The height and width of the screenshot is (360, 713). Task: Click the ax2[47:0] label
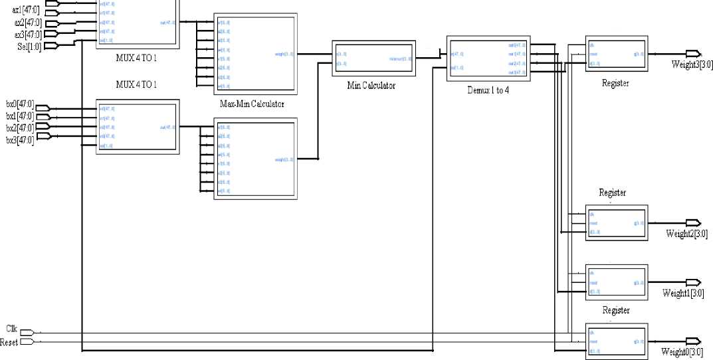pyautogui.click(x=27, y=24)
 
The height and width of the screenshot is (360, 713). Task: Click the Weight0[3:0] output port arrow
pyautogui.click(x=692, y=341)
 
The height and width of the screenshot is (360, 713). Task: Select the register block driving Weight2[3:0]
pyautogui.click(x=615, y=223)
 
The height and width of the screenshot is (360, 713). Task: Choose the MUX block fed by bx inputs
pyautogui.click(x=138, y=127)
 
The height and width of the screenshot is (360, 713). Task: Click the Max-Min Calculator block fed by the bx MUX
pyautogui.click(x=254, y=157)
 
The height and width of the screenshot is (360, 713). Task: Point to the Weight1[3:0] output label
pyautogui.click(x=682, y=293)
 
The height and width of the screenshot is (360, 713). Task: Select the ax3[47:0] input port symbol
pyautogui.click(x=51, y=35)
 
